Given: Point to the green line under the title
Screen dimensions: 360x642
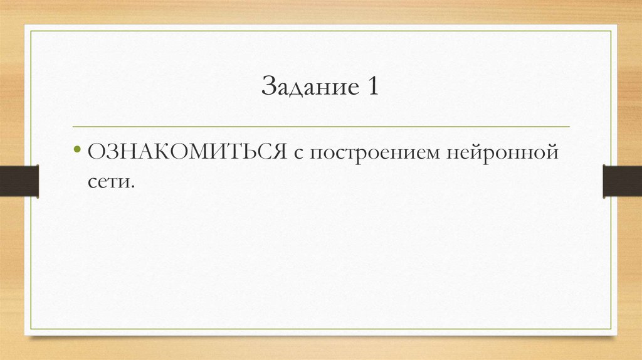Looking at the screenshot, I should pyautogui.click(x=321, y=127).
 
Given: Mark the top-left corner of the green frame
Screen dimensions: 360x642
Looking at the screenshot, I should pyautogui.click(x=32, y=31).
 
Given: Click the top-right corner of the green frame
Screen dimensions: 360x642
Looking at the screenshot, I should pyautogui.click(x=610, y=31).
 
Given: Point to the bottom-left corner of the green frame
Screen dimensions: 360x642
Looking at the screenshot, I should pyautogui.click(x=32, y=329).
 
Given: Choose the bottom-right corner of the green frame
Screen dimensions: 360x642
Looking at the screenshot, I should pyautogui.click(x=610, y=329).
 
